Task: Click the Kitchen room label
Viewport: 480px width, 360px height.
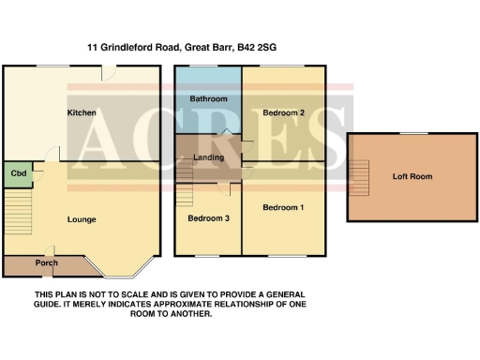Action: [82, 113]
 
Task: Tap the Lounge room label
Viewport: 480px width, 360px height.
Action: [82, 219]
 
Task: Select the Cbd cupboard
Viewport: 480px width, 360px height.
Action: [18, 173]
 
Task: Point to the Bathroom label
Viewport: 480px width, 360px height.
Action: [207, 98]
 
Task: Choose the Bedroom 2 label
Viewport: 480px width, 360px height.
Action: [284, 113]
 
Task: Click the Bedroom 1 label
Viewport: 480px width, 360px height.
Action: [284, 207]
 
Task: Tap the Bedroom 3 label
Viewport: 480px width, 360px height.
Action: [208, 218]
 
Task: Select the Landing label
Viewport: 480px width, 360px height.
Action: [208, 157]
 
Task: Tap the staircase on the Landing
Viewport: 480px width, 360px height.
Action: [185, 169]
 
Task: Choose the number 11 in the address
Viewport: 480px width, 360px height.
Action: [92, 45]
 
